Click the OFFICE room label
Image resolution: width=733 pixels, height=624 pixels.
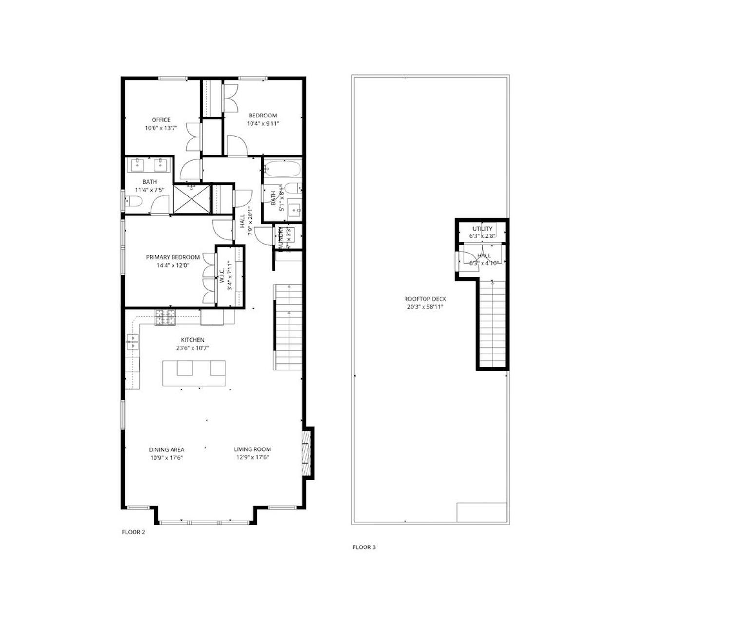coord(161,120)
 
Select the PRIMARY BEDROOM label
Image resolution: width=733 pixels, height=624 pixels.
coord(173,257)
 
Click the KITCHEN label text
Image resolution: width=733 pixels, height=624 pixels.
coord(193,340)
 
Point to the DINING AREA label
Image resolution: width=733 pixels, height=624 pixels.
coord(166,449)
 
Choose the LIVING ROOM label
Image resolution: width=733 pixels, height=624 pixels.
coord(252,449)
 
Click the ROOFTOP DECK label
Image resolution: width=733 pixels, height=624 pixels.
coord(424,299)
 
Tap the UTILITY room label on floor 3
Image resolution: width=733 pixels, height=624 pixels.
coord(482,229)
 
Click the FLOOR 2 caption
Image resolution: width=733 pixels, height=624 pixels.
coord(133,532)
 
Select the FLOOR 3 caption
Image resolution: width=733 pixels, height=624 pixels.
coord(364,547)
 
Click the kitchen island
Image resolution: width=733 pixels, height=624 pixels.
coord(193,373)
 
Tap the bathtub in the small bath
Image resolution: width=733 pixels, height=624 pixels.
coord(282,169)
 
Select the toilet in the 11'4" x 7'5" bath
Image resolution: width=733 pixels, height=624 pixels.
coord(133,201)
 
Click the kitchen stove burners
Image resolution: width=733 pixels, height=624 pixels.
coord(165,317)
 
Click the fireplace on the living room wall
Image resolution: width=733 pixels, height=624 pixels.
coord(307,452)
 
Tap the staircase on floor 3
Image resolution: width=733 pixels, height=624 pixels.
coord(493,324)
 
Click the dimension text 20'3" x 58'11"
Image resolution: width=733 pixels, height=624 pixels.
coord(424,307)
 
